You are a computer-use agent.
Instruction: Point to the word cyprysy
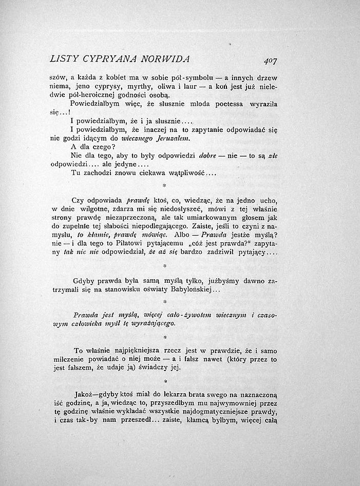pos(106,87)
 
